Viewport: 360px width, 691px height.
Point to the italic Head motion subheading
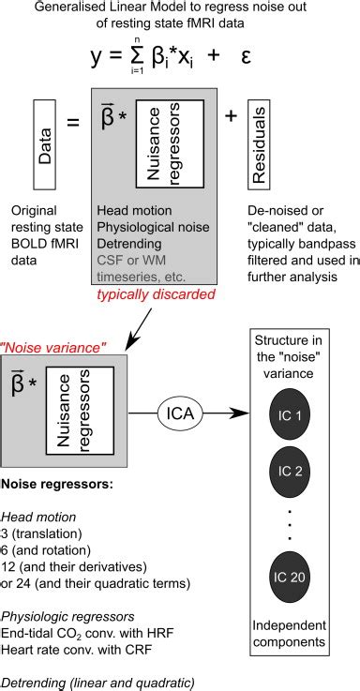point(38,517)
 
